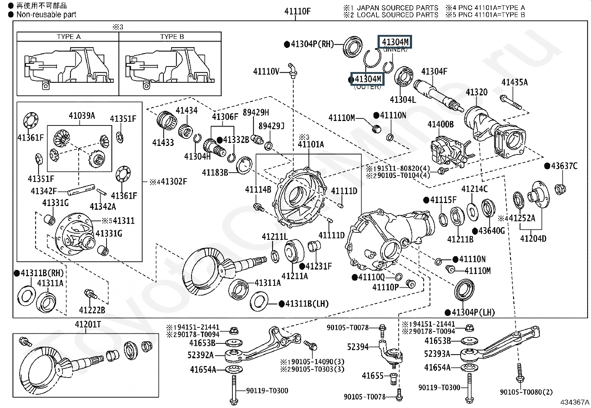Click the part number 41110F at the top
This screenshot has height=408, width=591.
pyautogui.click(x=297, y=11)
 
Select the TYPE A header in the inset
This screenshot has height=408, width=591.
pyautogui.click(x=68, y=37)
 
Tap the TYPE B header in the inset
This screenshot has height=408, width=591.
pyautogui.click(x=172, y=37)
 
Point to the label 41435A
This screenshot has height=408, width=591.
pyautogui.click(x=514, y=82)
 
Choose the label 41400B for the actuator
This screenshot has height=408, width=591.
pyautogui.click(x=440, y=124)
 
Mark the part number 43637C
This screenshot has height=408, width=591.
pyautogui.click(x=564, y=166)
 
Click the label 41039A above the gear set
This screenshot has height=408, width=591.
pyautogui.click(x=82, y=116)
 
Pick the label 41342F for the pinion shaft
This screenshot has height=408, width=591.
pyautogui.click(x=43, y=191)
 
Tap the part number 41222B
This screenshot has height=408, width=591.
pyautogui.click(x=92, y=310)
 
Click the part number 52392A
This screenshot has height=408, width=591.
pyautogui.click(x=200, y=355)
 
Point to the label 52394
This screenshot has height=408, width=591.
pyautogui.click(x=358, y=347)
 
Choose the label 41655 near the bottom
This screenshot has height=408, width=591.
pyautogui.click(x=372, y=376)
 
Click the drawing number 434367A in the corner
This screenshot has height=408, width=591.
pyautogui.click(x=575, y=402)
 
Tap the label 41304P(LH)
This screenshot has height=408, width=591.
pyautogui.click(x=473, y=312)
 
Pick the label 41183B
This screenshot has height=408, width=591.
pyautogui.click(x=215, y=172)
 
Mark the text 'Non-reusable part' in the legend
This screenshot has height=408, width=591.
pyautogui.click(x=46, y=15)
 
